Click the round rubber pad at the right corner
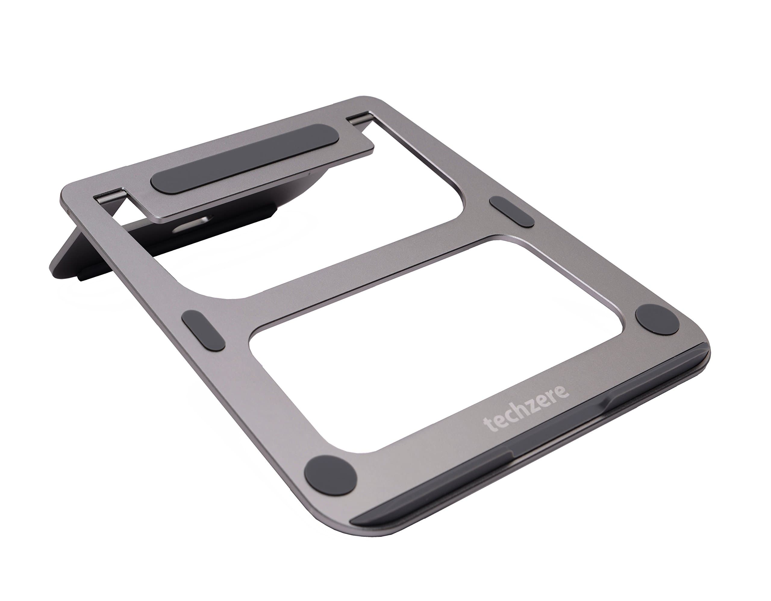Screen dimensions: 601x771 (657, 319)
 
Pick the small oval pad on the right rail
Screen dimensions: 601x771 (512, 212)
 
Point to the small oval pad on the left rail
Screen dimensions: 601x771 (203, 330)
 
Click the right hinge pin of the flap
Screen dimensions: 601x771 (359, 118)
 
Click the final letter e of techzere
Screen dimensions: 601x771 (562, 392)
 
